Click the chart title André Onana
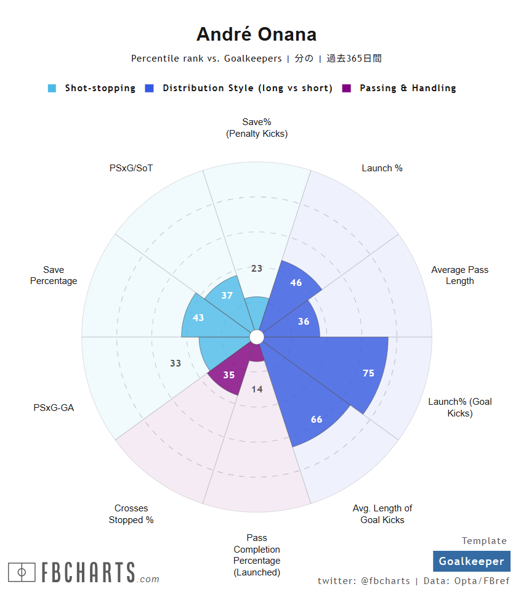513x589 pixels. [x=256, y=35]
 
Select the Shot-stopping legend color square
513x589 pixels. [x=52, y=88]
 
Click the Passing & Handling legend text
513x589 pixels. [x=408, y=88]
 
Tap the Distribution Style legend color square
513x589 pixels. [x=150, y=88]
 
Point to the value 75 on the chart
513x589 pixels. [x=368, y=373]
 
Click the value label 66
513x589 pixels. [x=317, y=420]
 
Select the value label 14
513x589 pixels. [x=257, y=389]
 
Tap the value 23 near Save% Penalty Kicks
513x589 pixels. [x=257, y=268]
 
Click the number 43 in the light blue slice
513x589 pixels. [x=198, y=318]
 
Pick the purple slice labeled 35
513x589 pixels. [x=228, y=375]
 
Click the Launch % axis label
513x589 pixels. [x=382, y=168]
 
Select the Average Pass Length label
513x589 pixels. [x=459, y=275]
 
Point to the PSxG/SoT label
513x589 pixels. [x=131, y=168]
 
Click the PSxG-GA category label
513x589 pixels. [x=54, y=407]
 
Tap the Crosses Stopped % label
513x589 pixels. [x=131, y=514]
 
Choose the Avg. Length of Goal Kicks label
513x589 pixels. [x=382, y=514]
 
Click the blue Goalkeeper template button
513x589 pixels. [x=471, y=561]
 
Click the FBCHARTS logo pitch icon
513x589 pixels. [x=22, y=572]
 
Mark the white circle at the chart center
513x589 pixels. [x=257, y=337]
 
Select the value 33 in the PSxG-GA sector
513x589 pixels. [x=176, y=364]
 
